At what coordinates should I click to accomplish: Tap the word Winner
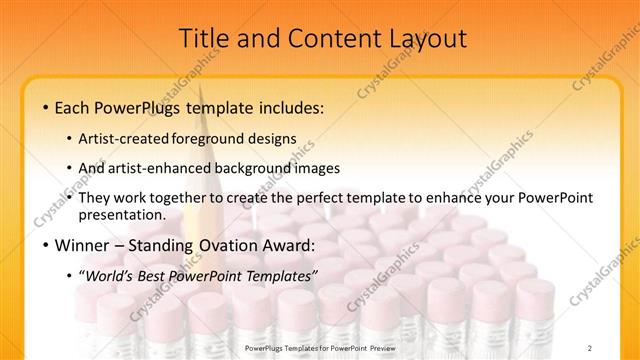click(x=85, y=245)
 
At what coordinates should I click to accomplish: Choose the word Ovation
click(x=235, y=245)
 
